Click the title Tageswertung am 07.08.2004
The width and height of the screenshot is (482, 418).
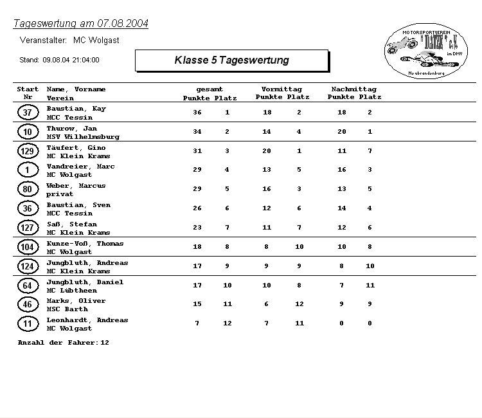click(x=81, y=24)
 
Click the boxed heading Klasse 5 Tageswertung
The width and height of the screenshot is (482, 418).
click(x=231, y=60)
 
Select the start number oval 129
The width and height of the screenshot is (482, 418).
click(x=28, y=151)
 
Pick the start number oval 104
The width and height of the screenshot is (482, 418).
click(x=28, y=248)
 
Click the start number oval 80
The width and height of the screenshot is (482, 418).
click(x=28, y=190)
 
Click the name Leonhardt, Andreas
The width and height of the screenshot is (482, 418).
click(x=87, y=320)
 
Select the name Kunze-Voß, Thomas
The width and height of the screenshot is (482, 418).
click(x=85, y=244)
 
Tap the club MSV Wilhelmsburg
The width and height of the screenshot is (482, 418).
click(x=83, y=137)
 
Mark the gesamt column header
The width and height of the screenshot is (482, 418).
click(x=210, y=89)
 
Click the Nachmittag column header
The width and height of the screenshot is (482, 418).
click(x=353, y=89)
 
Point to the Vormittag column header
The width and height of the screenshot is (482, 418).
click(x=281, y=89)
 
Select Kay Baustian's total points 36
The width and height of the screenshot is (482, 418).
click(x=197, y=113)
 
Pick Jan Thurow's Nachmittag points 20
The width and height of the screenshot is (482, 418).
click(x=342, y=132)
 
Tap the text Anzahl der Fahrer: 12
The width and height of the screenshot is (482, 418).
click(x=63, y=343)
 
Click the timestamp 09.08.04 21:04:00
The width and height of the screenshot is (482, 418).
click(x=71, y=60)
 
